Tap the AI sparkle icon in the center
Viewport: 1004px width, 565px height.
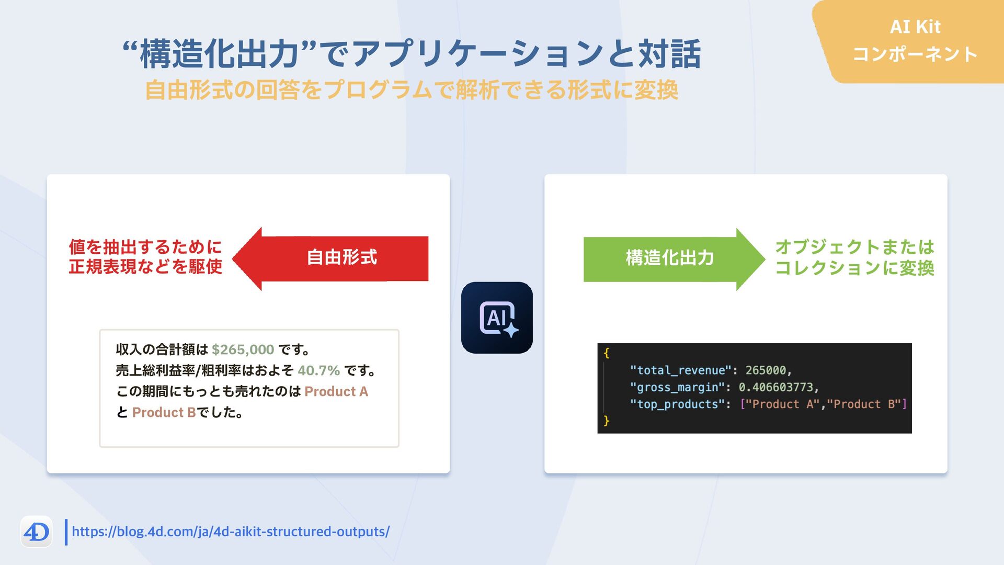click(497, 318)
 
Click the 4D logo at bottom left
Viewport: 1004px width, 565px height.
click(36, 532)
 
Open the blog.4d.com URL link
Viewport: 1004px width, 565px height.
click(230, 532)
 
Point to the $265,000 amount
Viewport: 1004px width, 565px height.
click(243, 349)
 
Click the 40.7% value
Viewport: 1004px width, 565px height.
click(318, 371)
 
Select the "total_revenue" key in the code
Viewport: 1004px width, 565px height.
click(680, 370)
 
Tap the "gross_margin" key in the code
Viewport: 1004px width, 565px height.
click(677, 387)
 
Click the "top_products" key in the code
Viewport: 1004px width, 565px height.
click(677, 404)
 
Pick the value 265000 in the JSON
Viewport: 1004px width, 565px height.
click(766, 370)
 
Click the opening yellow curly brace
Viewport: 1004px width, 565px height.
click(607, 353)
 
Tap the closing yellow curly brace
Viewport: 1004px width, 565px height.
click(607, 421)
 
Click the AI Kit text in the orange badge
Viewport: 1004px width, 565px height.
click(915, 27)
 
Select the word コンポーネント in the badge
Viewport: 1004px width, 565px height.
click(915, 54)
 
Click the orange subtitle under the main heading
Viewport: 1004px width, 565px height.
click(411, 90)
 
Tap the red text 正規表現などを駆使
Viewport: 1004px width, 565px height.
click(145, 267)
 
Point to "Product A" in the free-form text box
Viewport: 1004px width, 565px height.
click(336, 392)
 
